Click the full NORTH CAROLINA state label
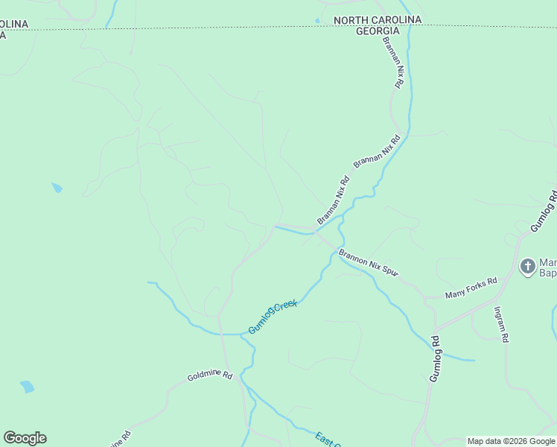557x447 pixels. [378, 19]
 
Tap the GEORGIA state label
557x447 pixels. [378, 31]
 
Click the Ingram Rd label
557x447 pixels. [501, 324]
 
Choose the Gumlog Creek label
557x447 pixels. [273, 317]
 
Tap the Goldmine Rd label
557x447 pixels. [210, 377]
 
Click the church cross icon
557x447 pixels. [528, 266]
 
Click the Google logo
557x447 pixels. [25, 438]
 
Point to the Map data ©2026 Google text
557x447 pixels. [511, 441]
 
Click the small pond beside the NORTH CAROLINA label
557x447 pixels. [318, 21]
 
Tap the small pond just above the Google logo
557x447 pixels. [28, 387]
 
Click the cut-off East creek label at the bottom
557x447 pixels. [327, 440]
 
